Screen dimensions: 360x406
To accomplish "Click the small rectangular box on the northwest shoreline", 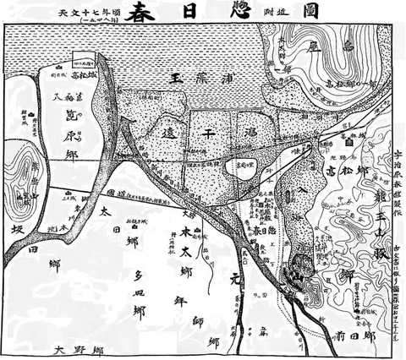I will pyautogui.click(x=82, y=60).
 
